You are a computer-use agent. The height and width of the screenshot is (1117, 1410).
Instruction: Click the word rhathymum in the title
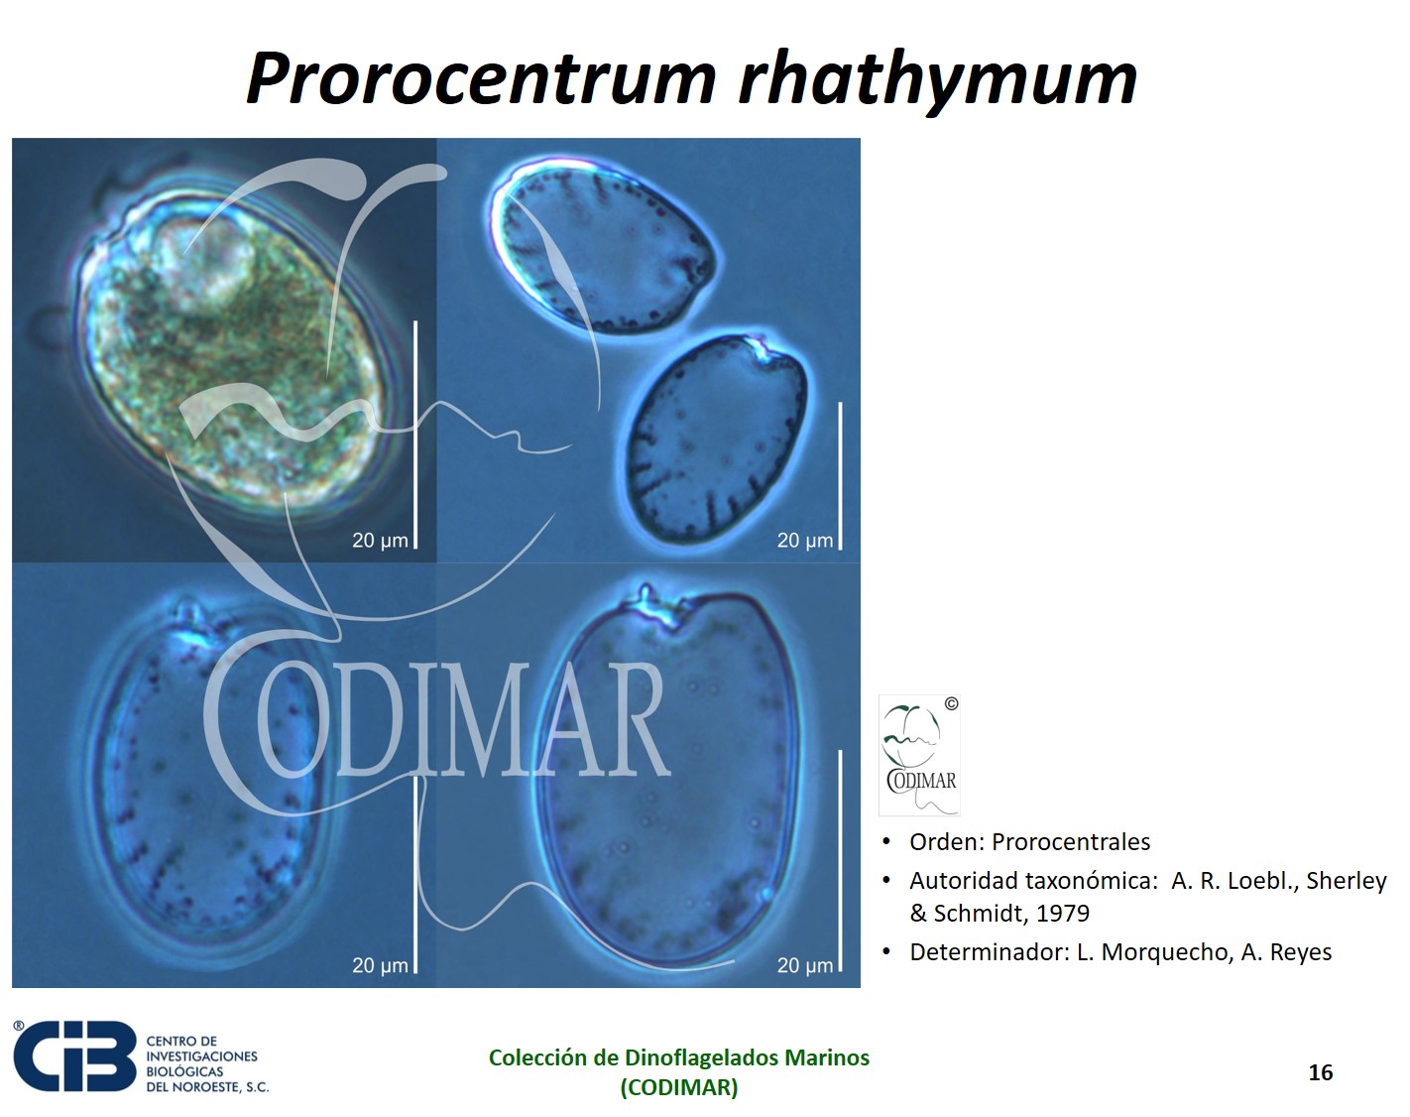point(938,82)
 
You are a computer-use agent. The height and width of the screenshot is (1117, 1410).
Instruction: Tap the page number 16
point(1320,1072)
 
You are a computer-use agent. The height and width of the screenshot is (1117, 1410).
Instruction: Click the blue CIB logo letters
point(74,1056)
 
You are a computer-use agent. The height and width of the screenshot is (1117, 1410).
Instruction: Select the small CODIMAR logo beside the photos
point(918,755)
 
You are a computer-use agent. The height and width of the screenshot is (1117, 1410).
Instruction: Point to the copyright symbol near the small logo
point(951,704)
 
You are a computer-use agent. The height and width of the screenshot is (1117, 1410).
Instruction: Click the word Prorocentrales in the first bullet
point(1071,842)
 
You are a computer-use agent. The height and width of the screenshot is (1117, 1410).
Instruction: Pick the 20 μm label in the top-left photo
point(380,541)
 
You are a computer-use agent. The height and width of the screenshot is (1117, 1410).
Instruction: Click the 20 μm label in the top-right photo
point(805,541)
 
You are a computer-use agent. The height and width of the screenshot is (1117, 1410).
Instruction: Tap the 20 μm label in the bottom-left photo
point(380,965)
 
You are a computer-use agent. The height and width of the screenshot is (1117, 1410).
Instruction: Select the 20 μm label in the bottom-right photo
point(805,965)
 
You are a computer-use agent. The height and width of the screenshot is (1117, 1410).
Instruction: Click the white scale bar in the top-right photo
point(840,476)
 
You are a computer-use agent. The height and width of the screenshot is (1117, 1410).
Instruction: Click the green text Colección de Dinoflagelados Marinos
point(679,1057)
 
